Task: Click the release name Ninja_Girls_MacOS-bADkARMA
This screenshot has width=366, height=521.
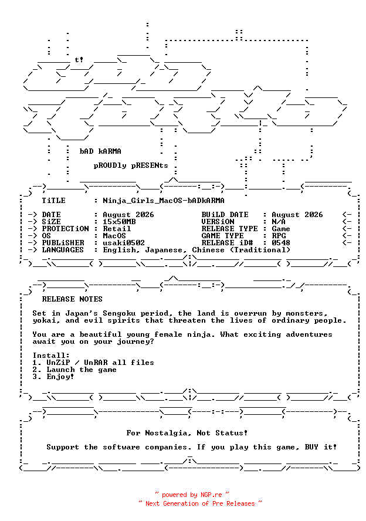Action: pos(164,201)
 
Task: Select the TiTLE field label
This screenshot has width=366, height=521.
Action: pos(53,201)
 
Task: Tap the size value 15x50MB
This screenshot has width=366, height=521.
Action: pos(119,222)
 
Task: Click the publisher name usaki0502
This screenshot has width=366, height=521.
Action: pos(124,243)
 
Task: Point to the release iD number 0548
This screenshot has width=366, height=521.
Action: pos(280,243)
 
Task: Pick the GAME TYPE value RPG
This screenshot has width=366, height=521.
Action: pos(279,236)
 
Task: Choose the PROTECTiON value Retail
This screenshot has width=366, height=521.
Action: pos(117,229)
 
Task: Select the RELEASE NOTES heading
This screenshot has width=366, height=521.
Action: pos(72,299)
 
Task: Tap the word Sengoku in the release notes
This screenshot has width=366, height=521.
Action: pos(119,313)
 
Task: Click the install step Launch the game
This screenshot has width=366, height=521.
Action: pos(82,370)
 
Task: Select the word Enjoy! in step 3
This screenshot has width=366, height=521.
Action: pos(60,377)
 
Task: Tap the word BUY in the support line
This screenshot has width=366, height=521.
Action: pos(311,447)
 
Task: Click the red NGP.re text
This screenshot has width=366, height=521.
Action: pos(211,495)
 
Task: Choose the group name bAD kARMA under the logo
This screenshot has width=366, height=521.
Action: pos(100,151)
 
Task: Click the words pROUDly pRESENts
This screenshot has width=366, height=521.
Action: pos(131,165)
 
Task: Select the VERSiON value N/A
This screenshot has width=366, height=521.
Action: pos(279,222)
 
